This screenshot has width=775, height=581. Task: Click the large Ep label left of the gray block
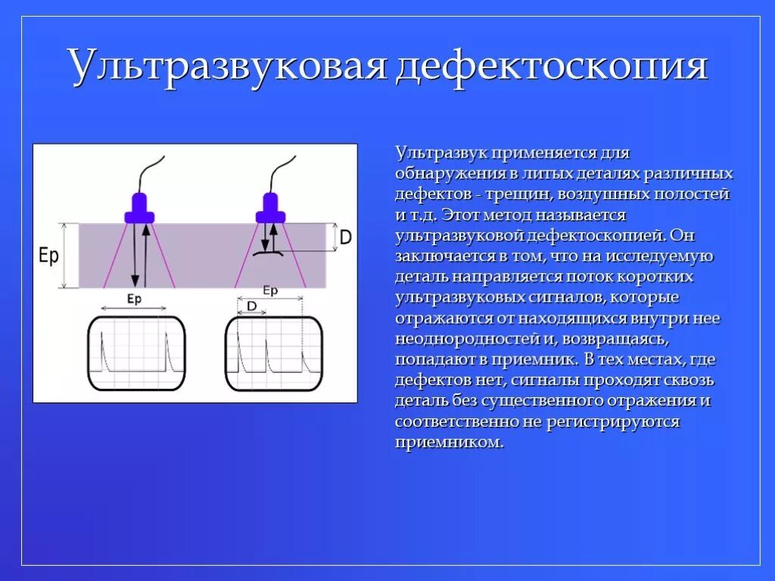point(48,256)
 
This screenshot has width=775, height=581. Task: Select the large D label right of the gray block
point(345,237)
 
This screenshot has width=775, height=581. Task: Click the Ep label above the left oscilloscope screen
point(134,300)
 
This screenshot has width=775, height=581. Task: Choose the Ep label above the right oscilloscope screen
point(270,290)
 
